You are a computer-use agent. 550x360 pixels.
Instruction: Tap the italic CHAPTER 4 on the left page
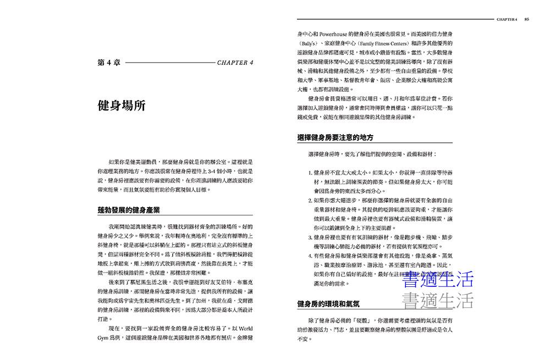pos(235,63)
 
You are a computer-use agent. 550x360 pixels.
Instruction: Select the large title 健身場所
pos(121,106)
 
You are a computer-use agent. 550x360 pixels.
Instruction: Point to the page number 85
pos(526,19)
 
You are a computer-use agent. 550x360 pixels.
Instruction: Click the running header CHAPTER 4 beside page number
pos(507,19)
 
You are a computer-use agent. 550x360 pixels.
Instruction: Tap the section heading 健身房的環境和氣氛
pos(327,303)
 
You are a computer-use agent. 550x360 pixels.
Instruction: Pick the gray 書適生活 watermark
pos(438,300)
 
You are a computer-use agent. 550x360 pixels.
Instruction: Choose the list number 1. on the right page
pos(311,171)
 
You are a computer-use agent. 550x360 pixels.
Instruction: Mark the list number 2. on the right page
pos(311,200)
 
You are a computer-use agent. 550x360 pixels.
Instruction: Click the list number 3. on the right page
pos(311,237)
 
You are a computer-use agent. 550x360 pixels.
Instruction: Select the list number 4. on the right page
pos(311,256)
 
